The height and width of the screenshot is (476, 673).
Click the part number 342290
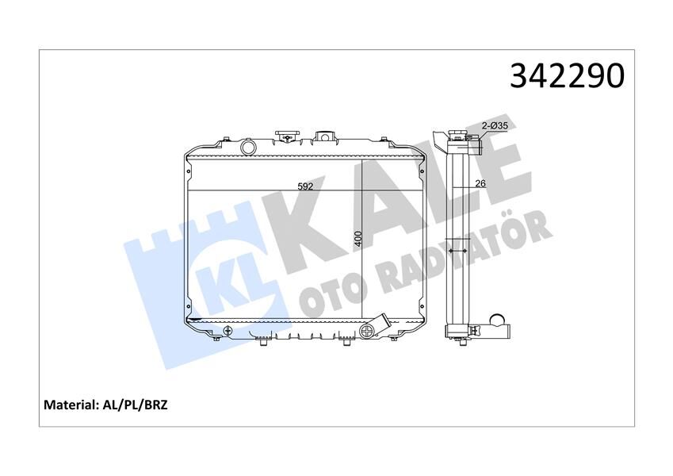(x=567, y=75)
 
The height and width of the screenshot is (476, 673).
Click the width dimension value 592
(x=306, y=187)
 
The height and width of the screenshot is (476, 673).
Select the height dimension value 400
(x=358, y=238)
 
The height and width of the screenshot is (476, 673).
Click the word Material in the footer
(x=70, y=405)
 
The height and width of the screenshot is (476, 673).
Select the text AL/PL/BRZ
(x=136, y=405)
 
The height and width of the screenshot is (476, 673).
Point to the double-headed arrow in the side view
(x=457, y=251)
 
